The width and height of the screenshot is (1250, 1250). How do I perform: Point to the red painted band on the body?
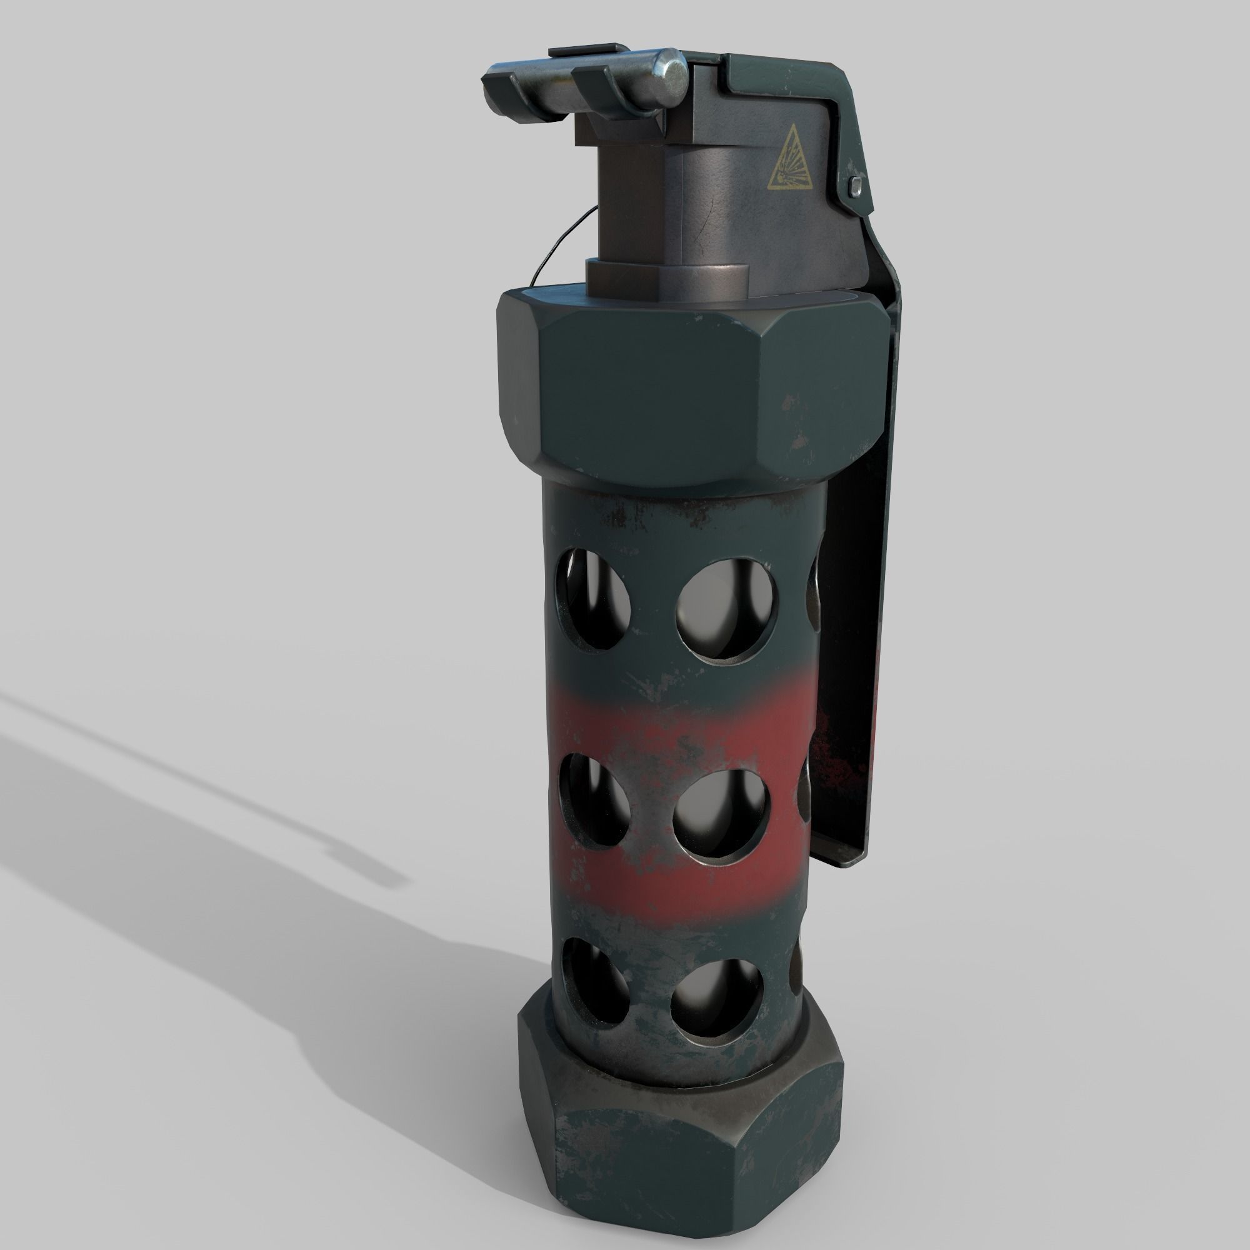point(686,724)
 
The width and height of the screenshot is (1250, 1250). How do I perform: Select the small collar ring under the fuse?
point(666,278)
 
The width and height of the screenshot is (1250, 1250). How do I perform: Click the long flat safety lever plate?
point(854,582)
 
